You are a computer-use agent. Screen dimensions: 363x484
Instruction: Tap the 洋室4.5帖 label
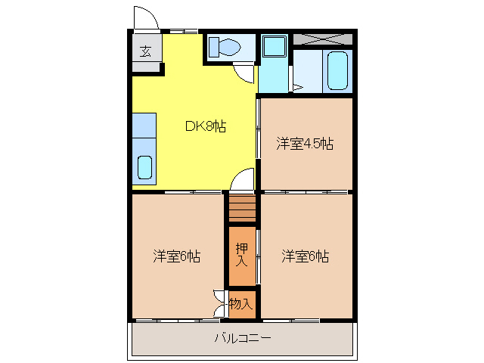pos(305,144)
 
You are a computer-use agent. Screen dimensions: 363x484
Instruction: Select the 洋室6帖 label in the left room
pos(176,256)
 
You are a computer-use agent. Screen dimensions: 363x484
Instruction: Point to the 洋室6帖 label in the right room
pos(306,256)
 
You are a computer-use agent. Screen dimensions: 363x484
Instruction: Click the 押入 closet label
pos(241,254)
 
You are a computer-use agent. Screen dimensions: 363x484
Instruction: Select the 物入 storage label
pos(240,304)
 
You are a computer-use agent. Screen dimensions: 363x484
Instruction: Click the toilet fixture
pos(225,48)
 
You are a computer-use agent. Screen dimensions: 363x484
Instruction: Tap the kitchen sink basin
pos(144,167)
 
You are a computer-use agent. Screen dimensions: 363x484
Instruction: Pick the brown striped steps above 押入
pos(242,208)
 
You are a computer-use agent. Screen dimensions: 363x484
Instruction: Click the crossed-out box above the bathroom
pos(323,39)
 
